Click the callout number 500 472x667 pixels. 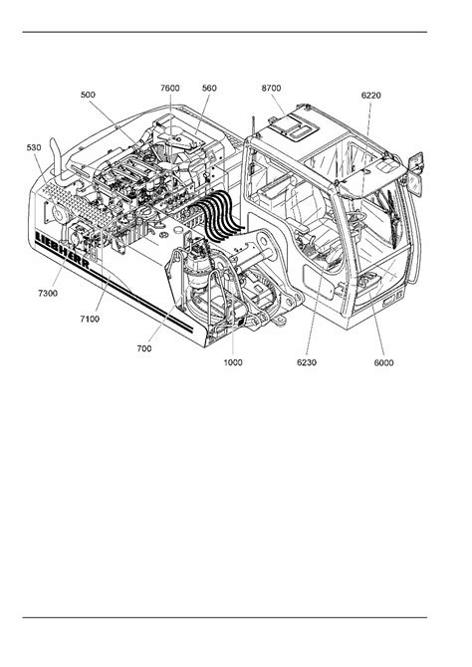coord(88,95)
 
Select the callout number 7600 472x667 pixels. coord(170,88)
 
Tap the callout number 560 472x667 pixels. coord(209,88)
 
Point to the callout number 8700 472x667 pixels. coord(271,88)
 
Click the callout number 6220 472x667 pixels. coord(371,96)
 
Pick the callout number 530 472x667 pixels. coord(34,147)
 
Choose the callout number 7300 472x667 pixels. coord(48,293)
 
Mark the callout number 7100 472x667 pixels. coord(90,319)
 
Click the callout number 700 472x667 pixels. coord(144,348)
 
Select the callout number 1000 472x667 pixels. coord(233,362)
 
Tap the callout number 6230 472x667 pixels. coord(307,362)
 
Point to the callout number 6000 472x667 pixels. coord(383,362)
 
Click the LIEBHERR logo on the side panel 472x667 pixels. coord(63,250)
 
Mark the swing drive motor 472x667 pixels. coord(199,264)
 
